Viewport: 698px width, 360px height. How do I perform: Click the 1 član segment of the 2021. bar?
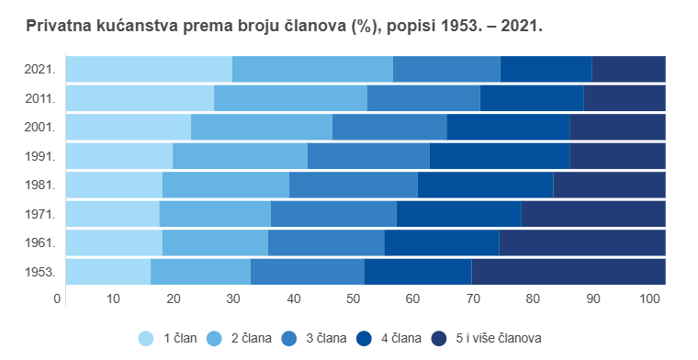149,69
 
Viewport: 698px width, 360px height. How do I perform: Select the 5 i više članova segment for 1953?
568,272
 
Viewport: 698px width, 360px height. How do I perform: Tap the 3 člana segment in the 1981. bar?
353,185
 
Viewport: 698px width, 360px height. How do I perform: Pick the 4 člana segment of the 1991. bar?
499,156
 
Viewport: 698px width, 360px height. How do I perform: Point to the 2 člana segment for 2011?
290,98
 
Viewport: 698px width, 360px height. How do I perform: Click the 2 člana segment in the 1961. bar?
215,242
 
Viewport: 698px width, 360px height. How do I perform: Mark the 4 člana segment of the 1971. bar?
458,214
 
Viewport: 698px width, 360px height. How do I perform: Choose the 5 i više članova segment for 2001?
617,127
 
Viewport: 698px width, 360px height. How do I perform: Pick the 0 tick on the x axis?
58,299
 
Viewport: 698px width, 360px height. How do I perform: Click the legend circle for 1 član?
146,338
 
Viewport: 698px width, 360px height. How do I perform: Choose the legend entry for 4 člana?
397,338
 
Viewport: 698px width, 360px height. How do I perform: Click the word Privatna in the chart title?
62,27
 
